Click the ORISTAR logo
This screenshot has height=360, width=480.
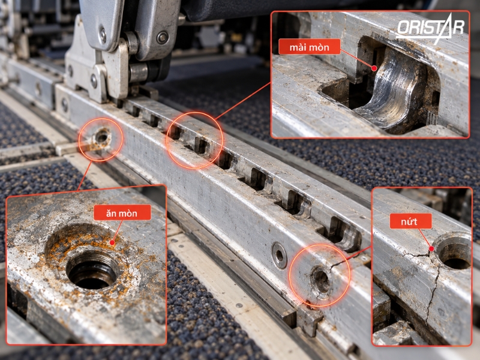click(x=430, y=29)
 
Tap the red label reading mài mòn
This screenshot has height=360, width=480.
click(x=309, y=47)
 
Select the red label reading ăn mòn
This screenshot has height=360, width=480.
click(x=122, y=212)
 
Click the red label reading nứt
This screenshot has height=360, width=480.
click(x=410, y=221)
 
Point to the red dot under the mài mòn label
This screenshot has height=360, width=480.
click(x=374, y=68)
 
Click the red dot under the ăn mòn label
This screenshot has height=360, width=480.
click(x=112, y=243)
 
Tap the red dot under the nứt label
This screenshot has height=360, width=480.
click(x=431, y=249)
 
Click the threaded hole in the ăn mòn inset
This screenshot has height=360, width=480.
click(x=92, y=269)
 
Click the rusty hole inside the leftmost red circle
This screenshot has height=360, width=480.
click(x=101, y=137)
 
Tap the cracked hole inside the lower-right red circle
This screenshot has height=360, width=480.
click(x=321, y=280)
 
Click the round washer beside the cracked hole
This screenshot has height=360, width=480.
click(x=280, y=256)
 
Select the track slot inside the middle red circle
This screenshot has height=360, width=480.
click(x=202, y=145)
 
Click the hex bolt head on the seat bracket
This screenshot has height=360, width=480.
click(x=163, y=38)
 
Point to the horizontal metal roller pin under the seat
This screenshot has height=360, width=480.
click(x=142, y=73)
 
